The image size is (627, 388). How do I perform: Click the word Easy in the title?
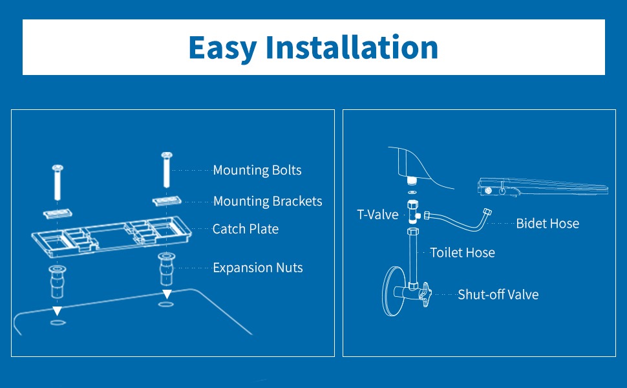(222, 48)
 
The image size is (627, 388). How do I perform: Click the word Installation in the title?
(352, 47)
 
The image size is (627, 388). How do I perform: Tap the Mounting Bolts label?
(257, 171)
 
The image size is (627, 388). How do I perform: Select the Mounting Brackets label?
(268, 201)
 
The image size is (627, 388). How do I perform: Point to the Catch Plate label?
(246, 229)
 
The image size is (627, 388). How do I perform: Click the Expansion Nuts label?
(257, 268)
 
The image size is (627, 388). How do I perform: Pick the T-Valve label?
(377, 215)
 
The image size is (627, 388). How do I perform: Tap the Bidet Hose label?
(547, 224)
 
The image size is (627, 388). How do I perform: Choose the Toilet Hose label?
(462, 253)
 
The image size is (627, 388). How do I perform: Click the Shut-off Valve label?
(498, 295)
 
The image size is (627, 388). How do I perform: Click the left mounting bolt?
(58, 182)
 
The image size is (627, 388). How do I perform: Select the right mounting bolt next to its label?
(166, 169)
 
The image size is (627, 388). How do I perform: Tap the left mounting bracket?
(58, 213)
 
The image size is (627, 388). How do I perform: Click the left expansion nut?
(58, 281)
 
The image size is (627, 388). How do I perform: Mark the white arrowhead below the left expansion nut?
(57, 310)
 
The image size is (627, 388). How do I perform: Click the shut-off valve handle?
(425, 294)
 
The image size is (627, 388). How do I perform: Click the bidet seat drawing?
(543, 187)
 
